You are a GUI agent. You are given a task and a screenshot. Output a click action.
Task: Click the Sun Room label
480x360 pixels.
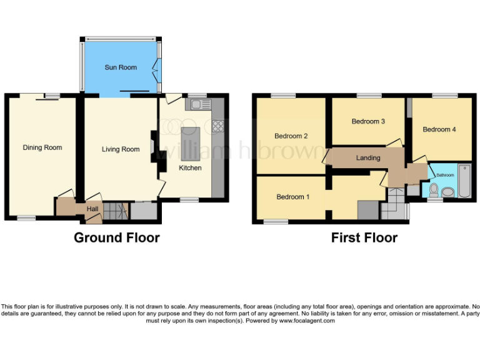120,67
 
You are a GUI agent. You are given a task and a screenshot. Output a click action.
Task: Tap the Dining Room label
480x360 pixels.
42,147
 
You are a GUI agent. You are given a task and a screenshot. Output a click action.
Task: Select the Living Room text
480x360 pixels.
121,149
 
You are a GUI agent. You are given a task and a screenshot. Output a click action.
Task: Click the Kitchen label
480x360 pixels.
190,168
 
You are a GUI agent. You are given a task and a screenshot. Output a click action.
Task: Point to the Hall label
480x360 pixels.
92,209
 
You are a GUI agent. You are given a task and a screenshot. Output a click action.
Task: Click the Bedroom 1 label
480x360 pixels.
292,197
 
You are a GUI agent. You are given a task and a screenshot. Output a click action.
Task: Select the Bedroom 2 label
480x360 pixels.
291,136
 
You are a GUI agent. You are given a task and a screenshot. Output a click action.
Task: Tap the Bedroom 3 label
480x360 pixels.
367,121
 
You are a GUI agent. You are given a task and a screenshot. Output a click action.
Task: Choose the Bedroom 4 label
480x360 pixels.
439,129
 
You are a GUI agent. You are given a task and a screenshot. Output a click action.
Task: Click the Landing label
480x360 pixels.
368,157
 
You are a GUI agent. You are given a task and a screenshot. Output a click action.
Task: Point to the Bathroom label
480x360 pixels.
445,176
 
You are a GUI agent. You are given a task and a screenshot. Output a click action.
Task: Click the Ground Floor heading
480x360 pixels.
116,238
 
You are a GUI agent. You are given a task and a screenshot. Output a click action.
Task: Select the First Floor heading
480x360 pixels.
364,238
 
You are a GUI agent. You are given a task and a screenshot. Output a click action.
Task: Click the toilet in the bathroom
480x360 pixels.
434,190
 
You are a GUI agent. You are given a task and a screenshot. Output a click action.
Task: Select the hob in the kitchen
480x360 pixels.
217,126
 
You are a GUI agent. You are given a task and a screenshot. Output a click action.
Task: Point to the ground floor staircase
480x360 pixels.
115,211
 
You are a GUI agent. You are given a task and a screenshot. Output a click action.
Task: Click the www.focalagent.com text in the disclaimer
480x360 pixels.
307,321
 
